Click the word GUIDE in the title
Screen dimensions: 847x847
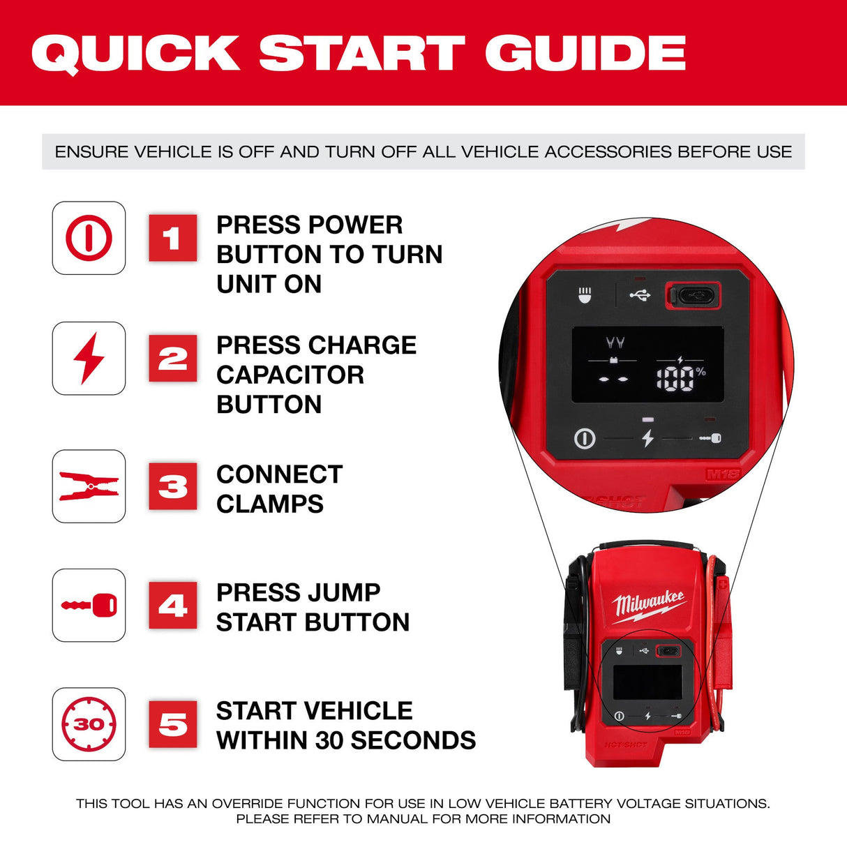[x=585, y=53]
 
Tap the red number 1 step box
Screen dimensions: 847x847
[x=172, y=239]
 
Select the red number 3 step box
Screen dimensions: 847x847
[x=172, y=486]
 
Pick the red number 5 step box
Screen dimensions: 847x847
[x=172, y=724]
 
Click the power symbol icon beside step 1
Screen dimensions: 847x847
[x=89, y=238]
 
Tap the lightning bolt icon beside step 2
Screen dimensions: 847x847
[x=89, y=358]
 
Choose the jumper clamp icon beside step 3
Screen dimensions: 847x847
[x=89, y=486]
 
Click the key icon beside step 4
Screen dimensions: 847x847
[x=89, y=605]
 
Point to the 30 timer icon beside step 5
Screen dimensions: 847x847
[x=89, y=724]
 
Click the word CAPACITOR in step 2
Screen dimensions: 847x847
[x=290, y=375]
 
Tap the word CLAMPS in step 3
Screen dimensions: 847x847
[x=270, y=504]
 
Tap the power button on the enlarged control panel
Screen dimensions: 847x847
[x=585, y=439]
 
